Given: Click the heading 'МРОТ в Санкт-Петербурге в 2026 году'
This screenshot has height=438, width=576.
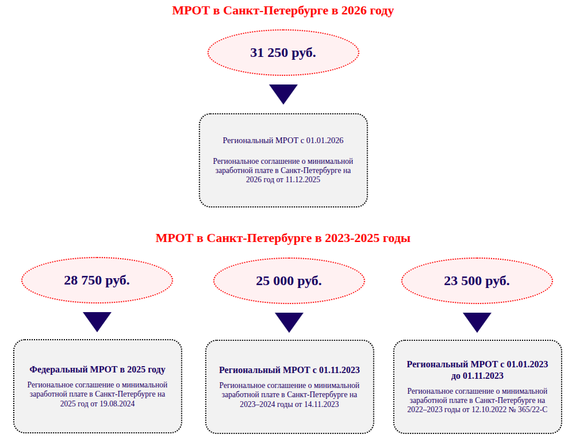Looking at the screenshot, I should click(283, 10).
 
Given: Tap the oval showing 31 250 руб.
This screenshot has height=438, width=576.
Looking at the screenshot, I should click(283, 53).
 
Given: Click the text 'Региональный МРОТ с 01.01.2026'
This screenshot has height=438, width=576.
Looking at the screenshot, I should click(283, 140).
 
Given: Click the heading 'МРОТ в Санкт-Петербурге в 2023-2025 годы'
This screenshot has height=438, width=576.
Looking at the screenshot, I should click(283, 238).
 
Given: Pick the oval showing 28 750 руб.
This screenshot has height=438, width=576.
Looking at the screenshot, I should click(97, 281).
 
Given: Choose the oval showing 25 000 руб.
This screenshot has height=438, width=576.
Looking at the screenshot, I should click(289, 281).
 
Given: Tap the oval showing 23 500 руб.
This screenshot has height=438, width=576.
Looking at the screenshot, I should click(477, 281).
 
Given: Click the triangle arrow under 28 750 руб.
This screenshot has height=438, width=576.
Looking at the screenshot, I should click(97, 321).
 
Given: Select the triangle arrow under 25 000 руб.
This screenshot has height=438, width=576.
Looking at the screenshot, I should click(289, 321).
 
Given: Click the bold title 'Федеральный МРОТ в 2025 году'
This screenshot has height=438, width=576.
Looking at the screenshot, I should click(98, 370).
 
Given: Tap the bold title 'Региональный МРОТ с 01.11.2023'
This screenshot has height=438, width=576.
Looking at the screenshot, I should click(289, 370).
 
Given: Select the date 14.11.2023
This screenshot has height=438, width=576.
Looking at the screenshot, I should click(321, 404).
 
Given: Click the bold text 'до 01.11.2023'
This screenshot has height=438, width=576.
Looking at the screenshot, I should click(477, 376).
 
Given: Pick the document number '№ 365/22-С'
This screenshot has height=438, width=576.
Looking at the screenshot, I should click(527, 409).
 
